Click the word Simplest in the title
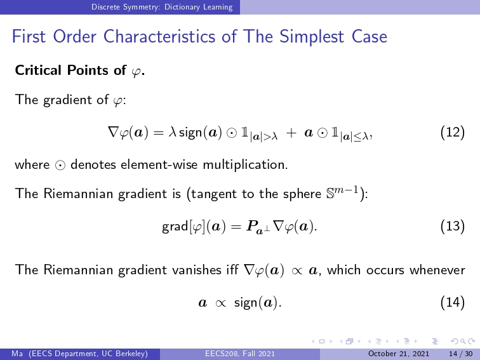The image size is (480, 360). click(311, 37)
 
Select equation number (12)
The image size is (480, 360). click(453, 133)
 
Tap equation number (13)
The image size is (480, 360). click(453, 226)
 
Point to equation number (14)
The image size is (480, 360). click(453, 302)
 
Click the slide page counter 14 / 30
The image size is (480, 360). click(460, 354)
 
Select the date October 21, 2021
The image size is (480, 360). click(399, 354)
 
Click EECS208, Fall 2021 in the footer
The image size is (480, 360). click(240, 354)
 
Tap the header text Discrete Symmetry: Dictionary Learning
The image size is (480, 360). click(162, 7)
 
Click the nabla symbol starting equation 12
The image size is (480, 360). click(113, 132)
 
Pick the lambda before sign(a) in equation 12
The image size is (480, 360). click(171, 133)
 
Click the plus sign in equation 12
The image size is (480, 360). click(291, 133)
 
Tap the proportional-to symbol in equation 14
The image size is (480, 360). click(220, 303)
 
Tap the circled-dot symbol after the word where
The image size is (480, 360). click(60, 165)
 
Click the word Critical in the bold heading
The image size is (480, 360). click(38, 70)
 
